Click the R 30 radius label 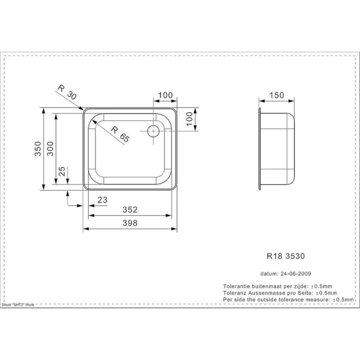67,92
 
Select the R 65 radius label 120,134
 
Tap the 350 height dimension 38,149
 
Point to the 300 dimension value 50,149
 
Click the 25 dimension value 62,171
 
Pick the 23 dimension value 102,200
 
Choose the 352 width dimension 130,209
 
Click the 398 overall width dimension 130,223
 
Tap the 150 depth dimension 276,95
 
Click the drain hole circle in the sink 153,131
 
